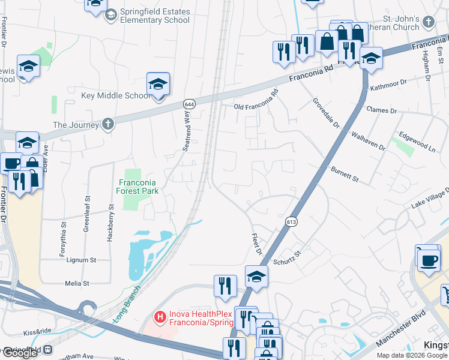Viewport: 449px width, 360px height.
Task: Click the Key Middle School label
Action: [x=116, y=96]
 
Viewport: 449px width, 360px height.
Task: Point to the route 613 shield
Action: [x=292, y=222]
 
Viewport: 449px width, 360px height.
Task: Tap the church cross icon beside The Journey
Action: [x=107, y=125]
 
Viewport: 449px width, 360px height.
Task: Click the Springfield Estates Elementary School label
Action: [x=155, y=16]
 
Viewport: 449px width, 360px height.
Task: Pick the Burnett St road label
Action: [x=345, y=175]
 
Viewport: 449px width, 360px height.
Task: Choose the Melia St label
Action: [x=77, y=283]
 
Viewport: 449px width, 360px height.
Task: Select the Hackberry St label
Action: [x=111, y=209]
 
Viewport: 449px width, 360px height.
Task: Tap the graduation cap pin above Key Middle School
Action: [x=158, y=85]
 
